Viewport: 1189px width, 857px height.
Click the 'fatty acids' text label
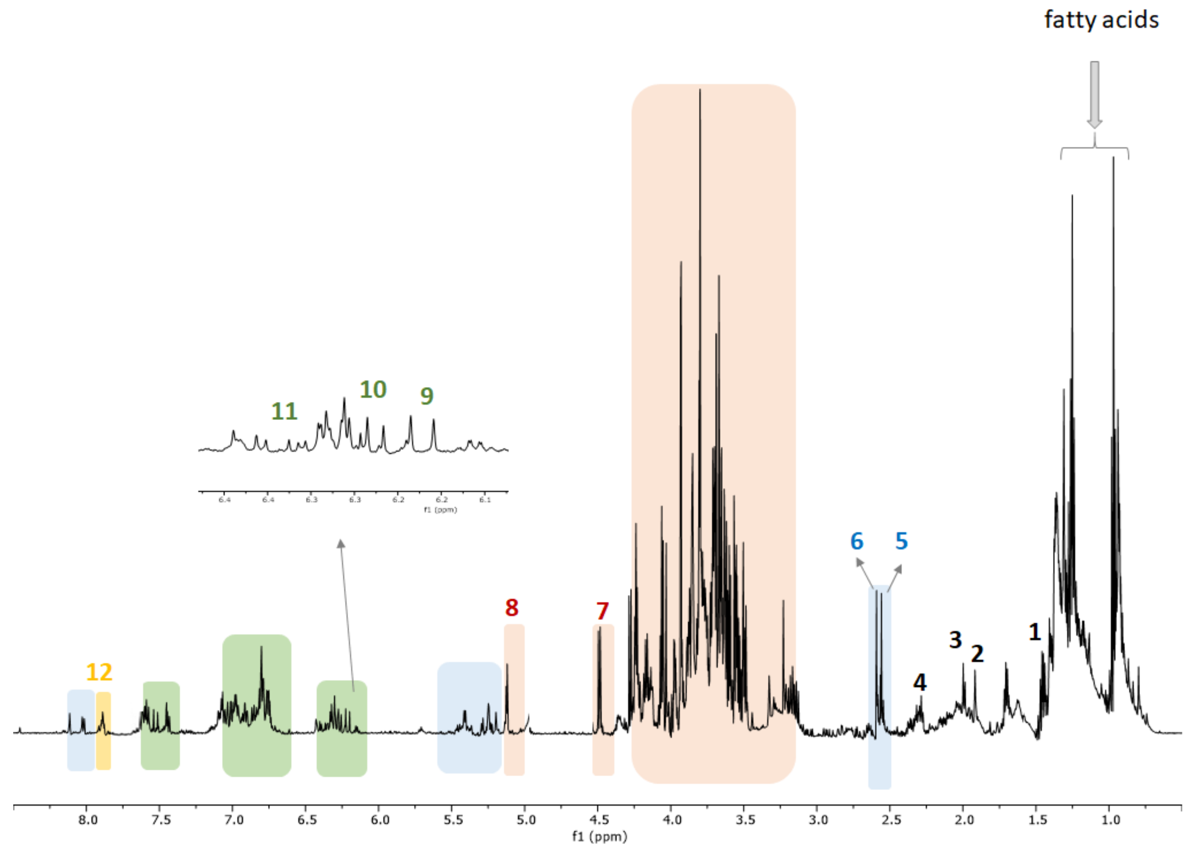tap(1101, 20)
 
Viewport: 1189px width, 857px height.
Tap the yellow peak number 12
tap(99, 672)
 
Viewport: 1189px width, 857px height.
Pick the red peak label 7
tap(602, 611)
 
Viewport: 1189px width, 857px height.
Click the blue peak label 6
tap(857, 541)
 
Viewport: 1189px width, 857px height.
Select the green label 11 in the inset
tap(284, 411)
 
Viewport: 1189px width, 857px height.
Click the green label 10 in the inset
tap(373, 390)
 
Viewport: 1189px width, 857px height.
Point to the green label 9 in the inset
tap(427, 396)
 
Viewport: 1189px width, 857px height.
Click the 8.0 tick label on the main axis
tap(88, 820)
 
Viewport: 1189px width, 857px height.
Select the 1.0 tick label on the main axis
tap(1110, 820)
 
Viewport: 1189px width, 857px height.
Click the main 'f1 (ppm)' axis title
tap(599, 837)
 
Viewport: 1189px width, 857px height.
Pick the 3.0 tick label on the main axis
tap(818, 820)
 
